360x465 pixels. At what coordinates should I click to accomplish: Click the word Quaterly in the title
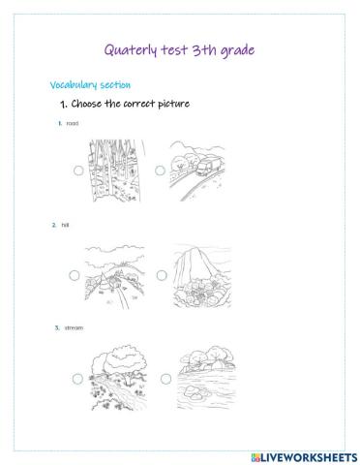131,50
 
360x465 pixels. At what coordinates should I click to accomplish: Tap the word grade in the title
237,51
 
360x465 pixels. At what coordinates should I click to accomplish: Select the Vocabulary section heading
90,85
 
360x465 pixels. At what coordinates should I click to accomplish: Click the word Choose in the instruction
86,104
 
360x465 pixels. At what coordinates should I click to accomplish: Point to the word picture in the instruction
173,105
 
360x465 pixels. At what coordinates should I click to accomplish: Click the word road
73,123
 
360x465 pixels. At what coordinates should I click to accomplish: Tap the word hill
65,225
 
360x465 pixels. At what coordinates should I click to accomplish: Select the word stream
74,327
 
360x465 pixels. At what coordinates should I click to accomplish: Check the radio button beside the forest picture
78,170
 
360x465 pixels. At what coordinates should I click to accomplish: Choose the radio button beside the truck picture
161,170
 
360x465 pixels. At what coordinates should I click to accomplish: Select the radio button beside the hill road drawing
75,275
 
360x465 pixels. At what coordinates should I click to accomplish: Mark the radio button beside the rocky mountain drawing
162,275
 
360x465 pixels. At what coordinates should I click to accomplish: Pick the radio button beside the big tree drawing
77,379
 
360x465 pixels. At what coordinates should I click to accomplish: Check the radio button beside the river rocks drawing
165,379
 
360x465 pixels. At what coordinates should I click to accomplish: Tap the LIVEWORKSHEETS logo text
305,457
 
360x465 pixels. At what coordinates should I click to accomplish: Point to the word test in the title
174,50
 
